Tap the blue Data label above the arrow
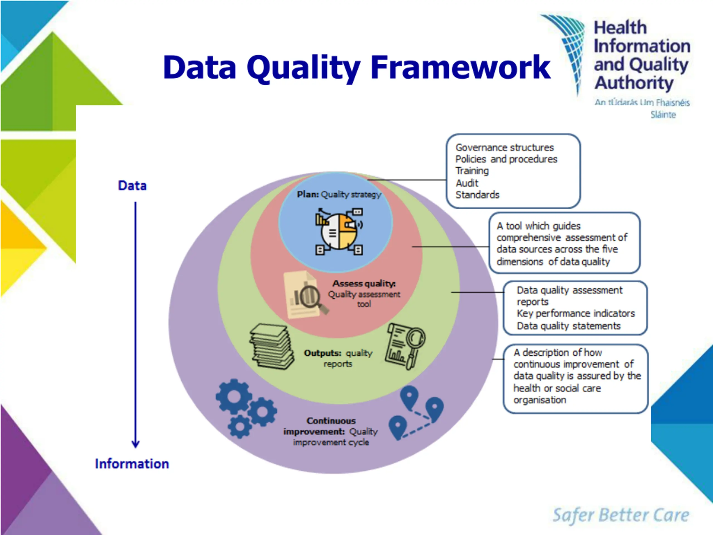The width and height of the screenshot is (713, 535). (132, 186)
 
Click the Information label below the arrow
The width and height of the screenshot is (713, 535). (132, 464)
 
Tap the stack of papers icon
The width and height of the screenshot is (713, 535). (272, 346)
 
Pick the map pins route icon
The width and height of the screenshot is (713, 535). (416, 413)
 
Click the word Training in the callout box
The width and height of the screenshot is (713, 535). (472, 171)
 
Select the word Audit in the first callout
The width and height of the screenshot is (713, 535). (467, 183)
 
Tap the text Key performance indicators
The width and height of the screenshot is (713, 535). (576, 313)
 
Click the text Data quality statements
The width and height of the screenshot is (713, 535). (569, 326)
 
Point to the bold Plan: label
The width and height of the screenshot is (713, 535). (307, 194)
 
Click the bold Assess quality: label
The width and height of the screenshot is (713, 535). (364, 283)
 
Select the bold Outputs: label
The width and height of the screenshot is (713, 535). (322, 353)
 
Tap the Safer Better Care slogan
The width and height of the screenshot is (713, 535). (621, 515)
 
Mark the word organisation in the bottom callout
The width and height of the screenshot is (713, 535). (539, 400)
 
